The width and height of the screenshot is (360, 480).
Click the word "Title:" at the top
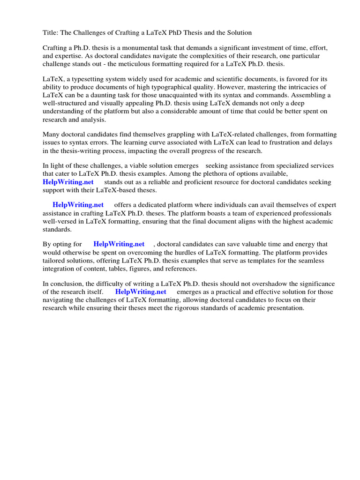tap(51, 32)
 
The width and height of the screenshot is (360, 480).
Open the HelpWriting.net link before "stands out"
tap(68, 182)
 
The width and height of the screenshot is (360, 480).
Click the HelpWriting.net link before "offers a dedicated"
tap(78, 205)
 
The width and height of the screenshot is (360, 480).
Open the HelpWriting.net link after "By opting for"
tap(119, 244)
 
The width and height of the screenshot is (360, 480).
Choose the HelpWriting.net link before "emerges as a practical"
tap(141, 292)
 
